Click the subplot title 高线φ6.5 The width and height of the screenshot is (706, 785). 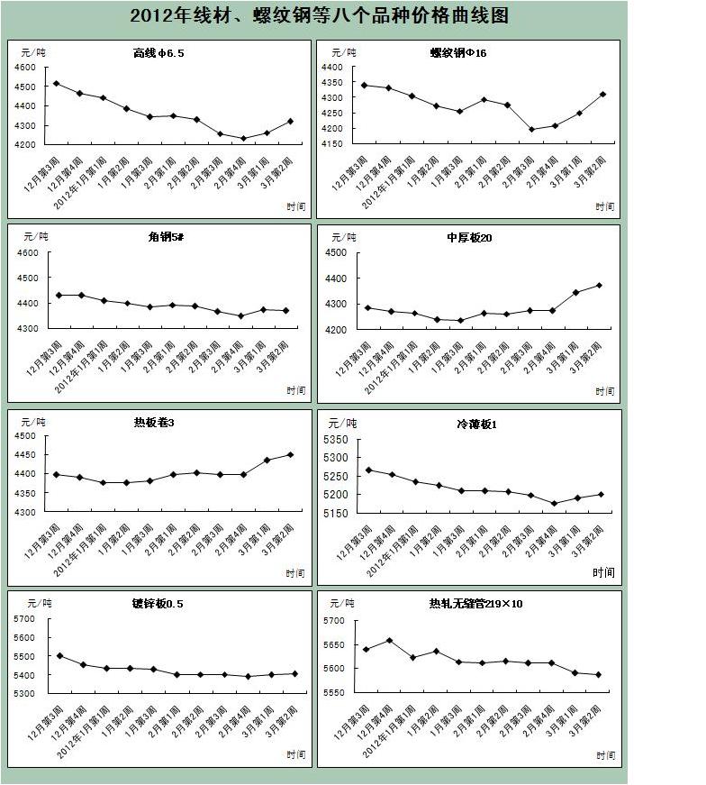[x=158, y=53]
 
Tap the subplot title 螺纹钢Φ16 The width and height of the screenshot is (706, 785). [x=458, y=53]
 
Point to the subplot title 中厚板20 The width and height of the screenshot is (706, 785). [x=468, y=237]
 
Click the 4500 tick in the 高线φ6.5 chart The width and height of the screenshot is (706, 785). [x=26, y=87]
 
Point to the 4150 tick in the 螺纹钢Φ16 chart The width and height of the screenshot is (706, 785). [x=332, y=143]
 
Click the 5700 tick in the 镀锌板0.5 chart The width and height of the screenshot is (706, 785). [x=26, y=619]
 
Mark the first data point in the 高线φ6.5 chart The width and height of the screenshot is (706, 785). [x=57, y=84]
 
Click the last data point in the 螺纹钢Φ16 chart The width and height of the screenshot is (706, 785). [x=603, y=94]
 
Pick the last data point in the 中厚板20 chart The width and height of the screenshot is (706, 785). [x=598, y=286]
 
